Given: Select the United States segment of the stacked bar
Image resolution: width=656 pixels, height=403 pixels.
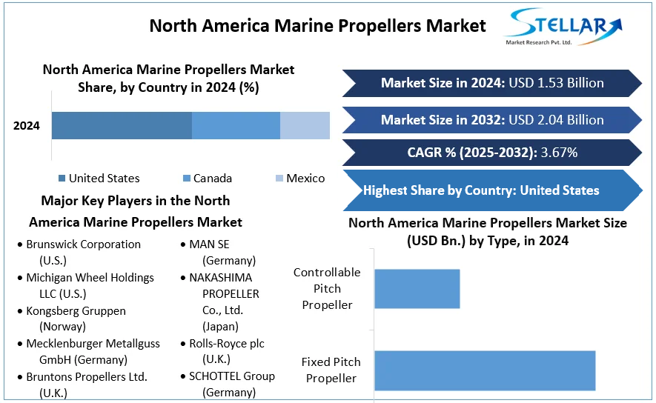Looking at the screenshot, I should pos(122,125).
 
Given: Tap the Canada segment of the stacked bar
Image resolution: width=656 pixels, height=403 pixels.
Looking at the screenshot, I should pos(236,125).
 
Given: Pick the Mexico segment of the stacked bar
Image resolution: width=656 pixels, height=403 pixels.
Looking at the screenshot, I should pos(305,125).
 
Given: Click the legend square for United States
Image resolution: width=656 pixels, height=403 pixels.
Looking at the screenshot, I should pos(62,179).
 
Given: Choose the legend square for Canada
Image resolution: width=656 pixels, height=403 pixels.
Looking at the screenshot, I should pos(186,179).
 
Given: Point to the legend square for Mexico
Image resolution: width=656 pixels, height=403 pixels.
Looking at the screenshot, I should pos(279,179).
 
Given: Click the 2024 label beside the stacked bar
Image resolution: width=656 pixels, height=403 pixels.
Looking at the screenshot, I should pos(27,126).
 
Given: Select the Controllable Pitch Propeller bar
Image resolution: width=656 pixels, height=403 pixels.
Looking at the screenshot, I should pos(417,288).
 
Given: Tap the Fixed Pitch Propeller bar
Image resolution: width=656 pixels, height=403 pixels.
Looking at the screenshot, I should pos(485,370).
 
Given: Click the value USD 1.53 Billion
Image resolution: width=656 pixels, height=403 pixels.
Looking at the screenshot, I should pos(555,83).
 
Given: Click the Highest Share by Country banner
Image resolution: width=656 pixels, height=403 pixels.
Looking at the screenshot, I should pos(482,190).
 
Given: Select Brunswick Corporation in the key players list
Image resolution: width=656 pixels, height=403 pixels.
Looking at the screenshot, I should pos(83,244).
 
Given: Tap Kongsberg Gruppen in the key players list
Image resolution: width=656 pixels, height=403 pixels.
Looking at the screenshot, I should pos(76,311).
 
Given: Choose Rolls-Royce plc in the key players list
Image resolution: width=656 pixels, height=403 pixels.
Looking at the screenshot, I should pos(227,344).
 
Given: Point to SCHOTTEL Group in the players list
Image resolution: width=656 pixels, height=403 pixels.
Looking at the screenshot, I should pos(232,376).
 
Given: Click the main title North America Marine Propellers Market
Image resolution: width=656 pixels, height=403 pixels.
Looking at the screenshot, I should pos(317,26).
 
